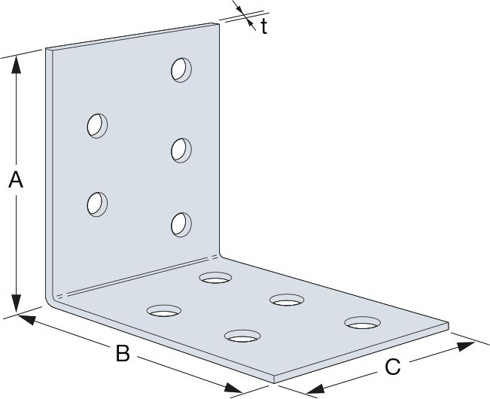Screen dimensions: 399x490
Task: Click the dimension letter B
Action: pos(123,354)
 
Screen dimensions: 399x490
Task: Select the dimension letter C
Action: pos(392,367)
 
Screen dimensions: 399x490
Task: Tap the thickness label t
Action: pos(264,27)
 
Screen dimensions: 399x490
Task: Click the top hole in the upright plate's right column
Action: pos(181,70)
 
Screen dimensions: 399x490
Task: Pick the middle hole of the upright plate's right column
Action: pos(181,149)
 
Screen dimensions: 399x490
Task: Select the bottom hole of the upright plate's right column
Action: pos(181,224)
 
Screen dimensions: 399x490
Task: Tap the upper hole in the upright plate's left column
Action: pos(97,125)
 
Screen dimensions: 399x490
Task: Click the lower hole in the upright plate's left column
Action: pos(97,203)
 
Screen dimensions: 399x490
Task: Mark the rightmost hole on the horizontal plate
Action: pos(362,323)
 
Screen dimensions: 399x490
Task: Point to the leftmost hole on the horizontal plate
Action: pos(164,310)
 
